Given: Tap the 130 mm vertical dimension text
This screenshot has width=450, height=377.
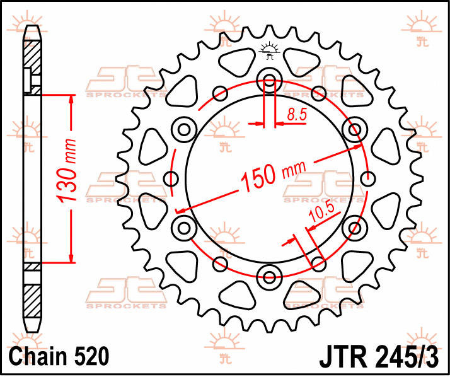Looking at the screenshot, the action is [67, 171].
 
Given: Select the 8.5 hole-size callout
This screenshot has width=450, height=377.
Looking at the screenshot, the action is [297, 114].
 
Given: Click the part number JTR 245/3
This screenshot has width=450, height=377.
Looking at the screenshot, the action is [379, 356].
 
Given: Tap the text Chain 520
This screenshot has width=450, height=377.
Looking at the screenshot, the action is [59, 356].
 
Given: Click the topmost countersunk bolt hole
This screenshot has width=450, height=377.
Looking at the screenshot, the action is [269, 80].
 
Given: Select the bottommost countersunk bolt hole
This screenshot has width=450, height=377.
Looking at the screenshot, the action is [269, 277].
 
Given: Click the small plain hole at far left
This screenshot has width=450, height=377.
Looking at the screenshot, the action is [171, 178].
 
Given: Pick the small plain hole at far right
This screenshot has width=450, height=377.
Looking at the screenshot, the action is [367, 178].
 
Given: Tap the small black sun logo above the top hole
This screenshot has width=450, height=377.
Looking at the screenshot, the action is [269, 50].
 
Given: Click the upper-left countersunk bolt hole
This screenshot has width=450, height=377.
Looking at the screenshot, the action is [184, 129].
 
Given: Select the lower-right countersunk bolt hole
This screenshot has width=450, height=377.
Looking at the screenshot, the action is [355, 228].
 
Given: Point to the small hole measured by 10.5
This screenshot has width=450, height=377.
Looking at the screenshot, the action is [318, 264].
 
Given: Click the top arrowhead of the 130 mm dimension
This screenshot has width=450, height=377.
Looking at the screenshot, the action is [71, 100].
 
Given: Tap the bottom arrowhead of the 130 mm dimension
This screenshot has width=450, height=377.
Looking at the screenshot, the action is [71, 258].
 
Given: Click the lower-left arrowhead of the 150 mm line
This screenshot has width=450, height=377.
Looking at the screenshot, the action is [180, 211].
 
